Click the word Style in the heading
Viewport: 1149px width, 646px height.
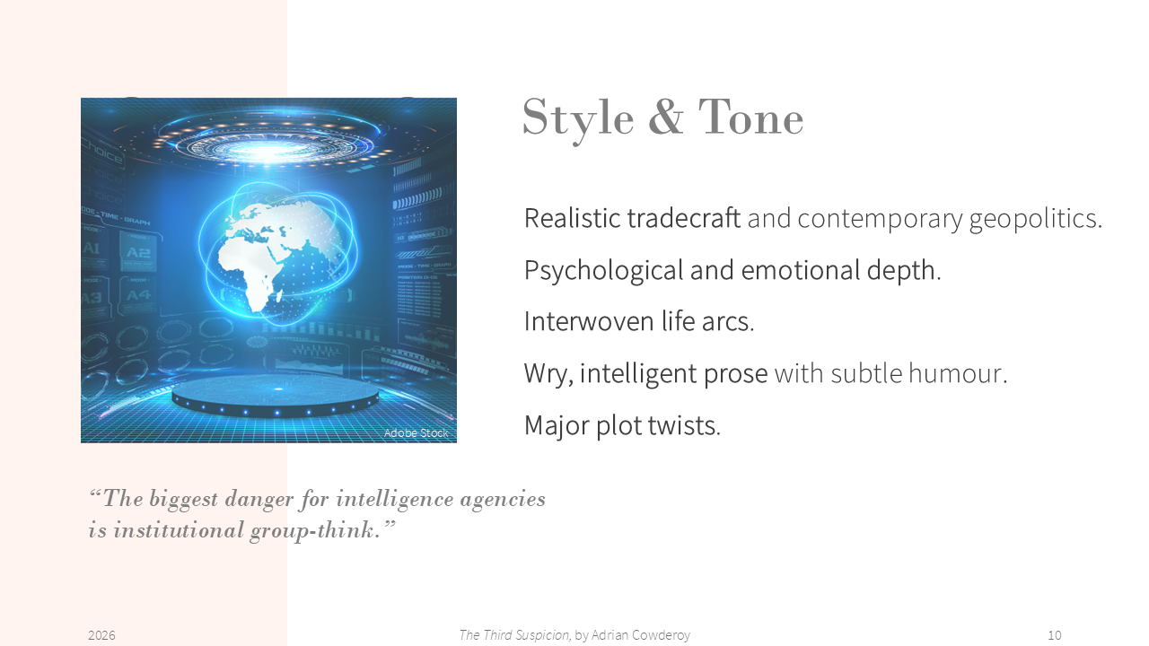pyautogui.click(x=578, y=119)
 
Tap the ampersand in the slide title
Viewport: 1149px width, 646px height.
pyautogui.click(x=666, y=117)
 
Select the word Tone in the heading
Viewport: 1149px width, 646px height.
pyautogui.click(x=750, y=118)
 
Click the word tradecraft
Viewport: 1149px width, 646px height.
pyautogui.click(x=684, y=218)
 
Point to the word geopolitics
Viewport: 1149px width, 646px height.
pyautogui.click(x=1035, y=220)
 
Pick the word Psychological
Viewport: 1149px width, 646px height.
pyautogui.click(x=603, y=270)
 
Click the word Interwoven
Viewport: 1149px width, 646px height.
pyautogui.click(x=589, y=321)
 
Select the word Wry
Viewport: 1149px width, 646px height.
pyautogui.click(x=548, y=373)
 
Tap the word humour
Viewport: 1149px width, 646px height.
pyautogui.click(x=958, y=373)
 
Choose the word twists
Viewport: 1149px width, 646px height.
pyautogui.click(x=684, y=425)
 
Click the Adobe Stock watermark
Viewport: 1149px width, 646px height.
pyautogui.click(x=416, y=433)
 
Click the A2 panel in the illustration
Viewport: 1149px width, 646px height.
pyautogui.click(x=138, y=252)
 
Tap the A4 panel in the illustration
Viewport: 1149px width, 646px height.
pyautogui.click(x=138, y=296)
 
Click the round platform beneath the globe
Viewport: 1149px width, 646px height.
pyautogui.click(x=276, y=396)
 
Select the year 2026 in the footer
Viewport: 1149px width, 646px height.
pyautogui.click(x=101, y=636)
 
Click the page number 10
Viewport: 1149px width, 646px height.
pyautogui.click(x=1055, y=636)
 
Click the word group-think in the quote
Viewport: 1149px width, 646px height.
pyautogui.click(x=315, y=530)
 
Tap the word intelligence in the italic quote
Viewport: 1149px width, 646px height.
pyautogui.click(x=395, y=500)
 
